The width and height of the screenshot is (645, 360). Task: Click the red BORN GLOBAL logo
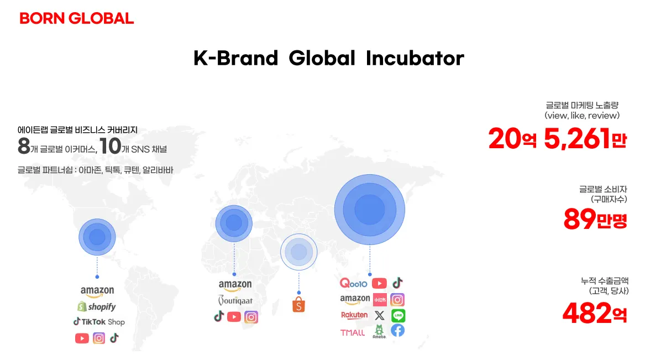[x=76, y=18]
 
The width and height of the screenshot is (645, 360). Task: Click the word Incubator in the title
[x=415, y=58]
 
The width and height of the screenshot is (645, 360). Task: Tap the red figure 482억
[x=595, y=313]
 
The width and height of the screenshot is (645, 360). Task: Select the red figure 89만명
[x=595, y=219]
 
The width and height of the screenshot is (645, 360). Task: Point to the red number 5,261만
[x=585, y=139]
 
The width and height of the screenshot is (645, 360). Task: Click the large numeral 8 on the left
[x=24, y=146]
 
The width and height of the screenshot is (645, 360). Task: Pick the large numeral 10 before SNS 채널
[x=110, y=146]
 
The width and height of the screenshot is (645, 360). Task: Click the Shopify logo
[x=97, y=306]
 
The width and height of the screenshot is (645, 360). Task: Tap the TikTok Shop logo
[x=99, y=322]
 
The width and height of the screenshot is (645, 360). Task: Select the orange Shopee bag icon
[x=298, y=305]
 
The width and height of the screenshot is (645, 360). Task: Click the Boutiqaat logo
[x=235, y=300]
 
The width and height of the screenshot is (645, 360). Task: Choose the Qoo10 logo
[x=353, y=283]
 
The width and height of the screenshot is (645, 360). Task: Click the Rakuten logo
[x=354, y=315]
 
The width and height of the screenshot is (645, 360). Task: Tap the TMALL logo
[x=353, y=332]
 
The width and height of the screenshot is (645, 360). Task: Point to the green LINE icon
[x=398, y=316]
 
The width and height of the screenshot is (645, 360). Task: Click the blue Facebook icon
[x=398, y=330]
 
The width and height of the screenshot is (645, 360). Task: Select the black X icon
[x=379, y=316]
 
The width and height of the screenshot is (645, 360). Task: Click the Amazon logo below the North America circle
[x=97, y=291]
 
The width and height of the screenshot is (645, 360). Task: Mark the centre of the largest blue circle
[x=369, y=210]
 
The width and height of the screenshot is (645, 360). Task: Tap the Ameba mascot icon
[x=379, y=331]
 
